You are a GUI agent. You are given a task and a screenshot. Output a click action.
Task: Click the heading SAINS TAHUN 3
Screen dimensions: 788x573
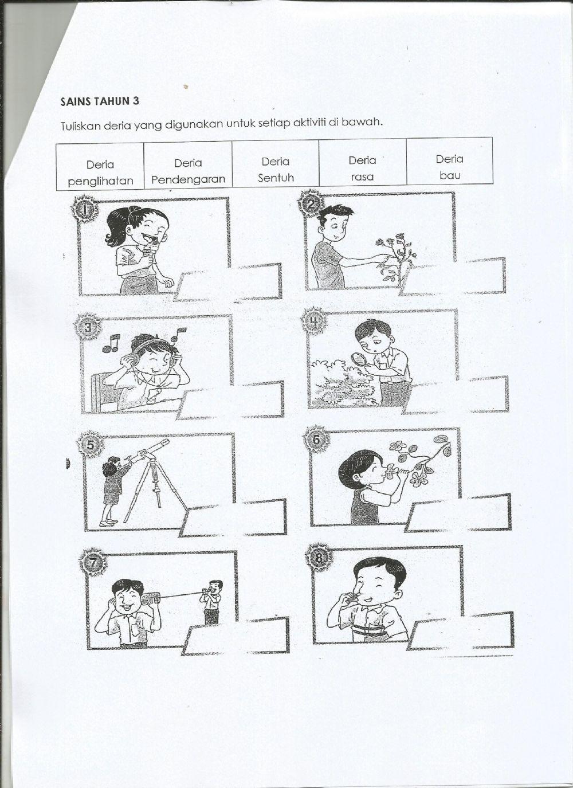click(x=100, y=102)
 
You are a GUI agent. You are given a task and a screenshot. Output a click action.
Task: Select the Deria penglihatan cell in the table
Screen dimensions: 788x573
click(x=100, y=173)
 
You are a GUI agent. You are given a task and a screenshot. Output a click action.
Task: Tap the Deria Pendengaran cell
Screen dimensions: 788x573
click(x=188, y=171)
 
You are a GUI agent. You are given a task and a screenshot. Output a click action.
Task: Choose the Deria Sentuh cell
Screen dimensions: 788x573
click(x=276, y=169)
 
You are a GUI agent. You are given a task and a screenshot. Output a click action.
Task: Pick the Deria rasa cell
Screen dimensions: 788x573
click(x=362, y=168)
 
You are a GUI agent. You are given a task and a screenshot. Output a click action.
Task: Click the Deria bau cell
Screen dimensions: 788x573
click(x=450, y=167)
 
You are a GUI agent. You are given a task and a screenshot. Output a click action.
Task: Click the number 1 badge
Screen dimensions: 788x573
click(x=85, y=210)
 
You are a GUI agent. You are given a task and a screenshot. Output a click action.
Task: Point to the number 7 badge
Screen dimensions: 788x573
click(x=93, y=563)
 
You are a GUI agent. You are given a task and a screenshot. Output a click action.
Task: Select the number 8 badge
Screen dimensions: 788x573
click(x=319, y=556)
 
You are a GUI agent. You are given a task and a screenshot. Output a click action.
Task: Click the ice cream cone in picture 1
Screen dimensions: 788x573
click(x=151, y=251)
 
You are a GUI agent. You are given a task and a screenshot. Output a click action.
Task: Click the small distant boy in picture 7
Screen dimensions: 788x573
click(x=213, y=602)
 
